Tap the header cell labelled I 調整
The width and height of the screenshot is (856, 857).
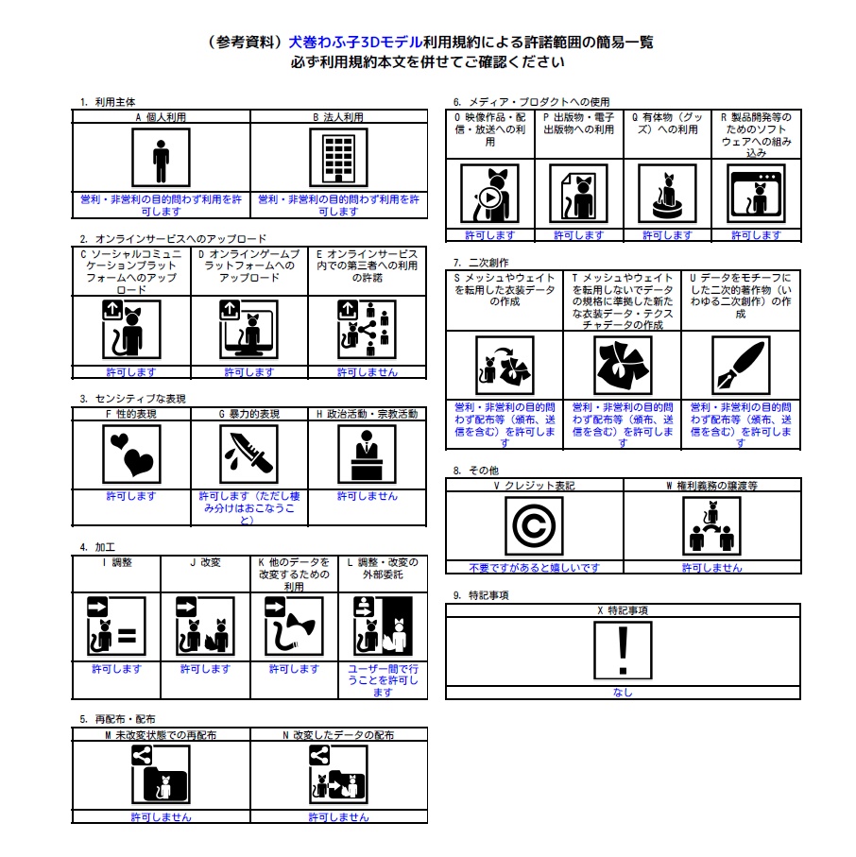[x=116, y=562]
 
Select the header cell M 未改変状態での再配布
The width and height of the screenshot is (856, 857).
[x=161, y=734]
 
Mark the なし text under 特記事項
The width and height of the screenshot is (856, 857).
[x=623, y=693]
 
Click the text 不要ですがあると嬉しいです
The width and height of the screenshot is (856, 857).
[x=534, y=568]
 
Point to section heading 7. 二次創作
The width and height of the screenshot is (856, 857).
[x=481, y=262]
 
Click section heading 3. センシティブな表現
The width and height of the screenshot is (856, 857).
[x=133, y=399]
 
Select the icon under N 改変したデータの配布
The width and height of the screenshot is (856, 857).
[x=338, y=776]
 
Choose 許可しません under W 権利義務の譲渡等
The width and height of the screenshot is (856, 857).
[x=712, y=568]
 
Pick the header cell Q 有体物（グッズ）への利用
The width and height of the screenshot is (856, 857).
[x=667, y=123]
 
